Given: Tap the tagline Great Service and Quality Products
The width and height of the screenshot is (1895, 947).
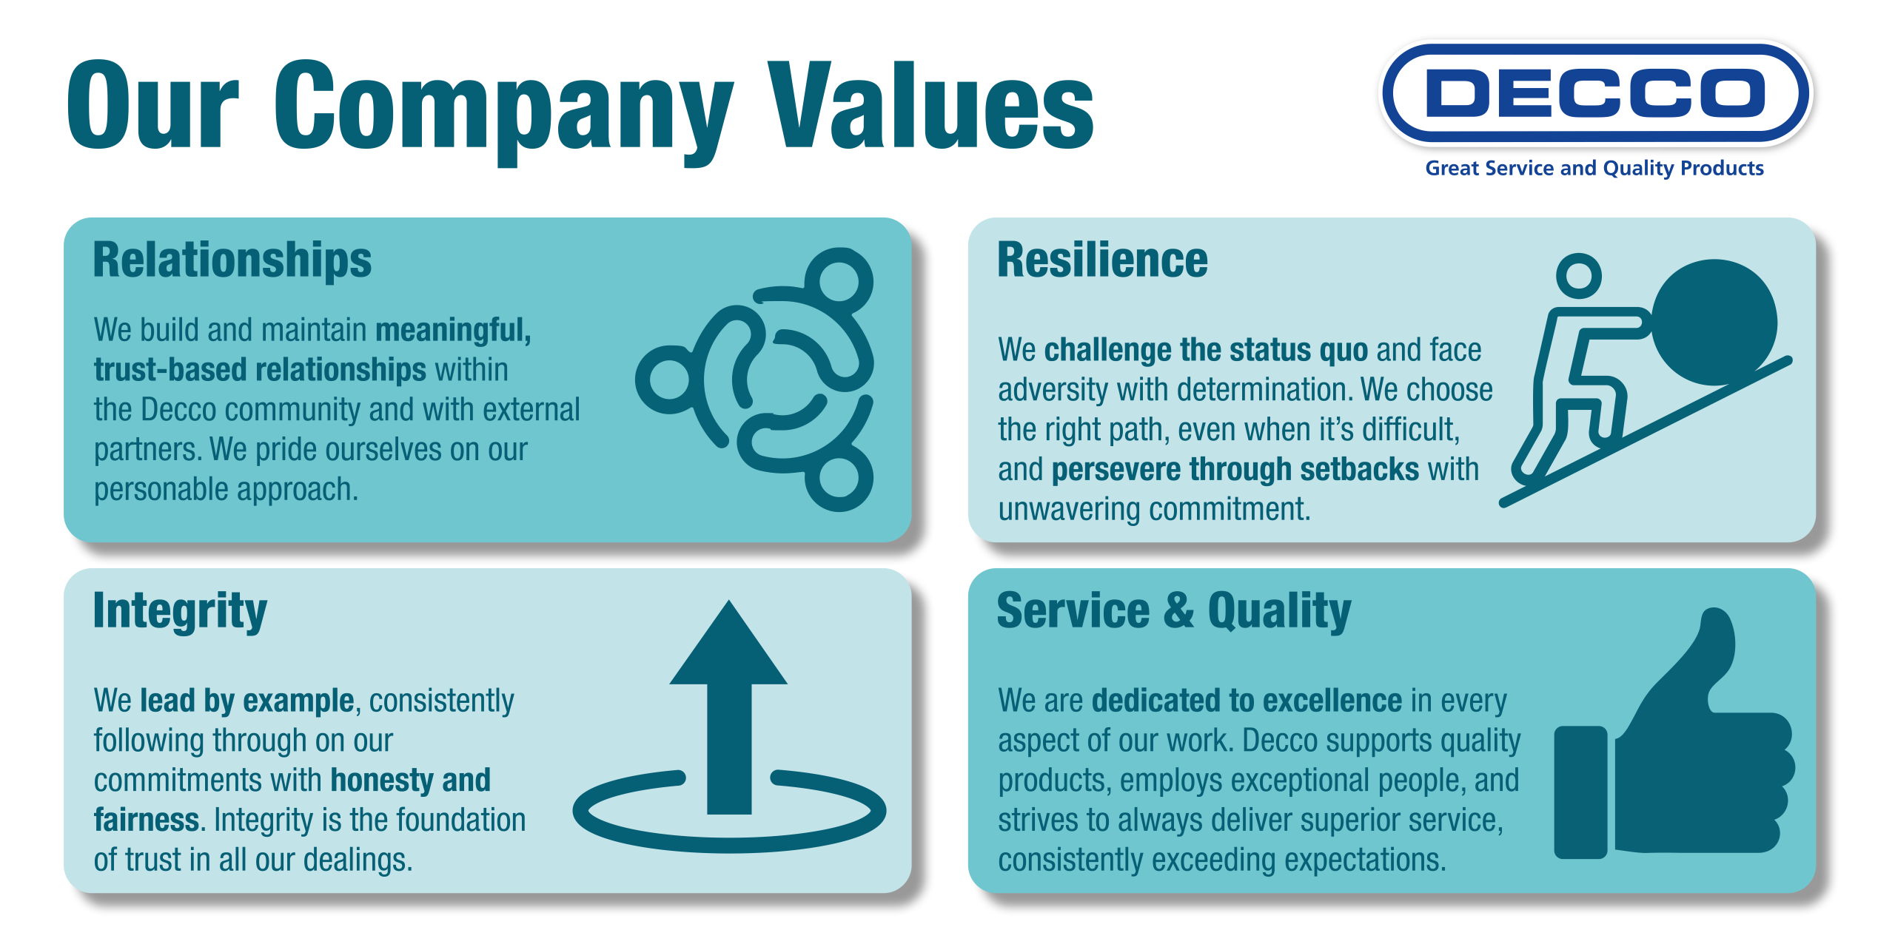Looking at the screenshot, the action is [x=1594, y=169].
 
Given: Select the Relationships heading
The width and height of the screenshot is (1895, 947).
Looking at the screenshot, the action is [x=232, y=260].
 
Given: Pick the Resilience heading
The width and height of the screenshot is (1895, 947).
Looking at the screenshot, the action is [x=1102, y=260].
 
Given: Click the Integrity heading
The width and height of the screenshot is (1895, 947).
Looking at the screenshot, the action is [x=180, y=612].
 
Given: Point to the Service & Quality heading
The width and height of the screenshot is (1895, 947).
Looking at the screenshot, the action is [x=1174, y=611].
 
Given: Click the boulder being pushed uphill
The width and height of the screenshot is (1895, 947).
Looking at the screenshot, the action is [x=1714, y=323].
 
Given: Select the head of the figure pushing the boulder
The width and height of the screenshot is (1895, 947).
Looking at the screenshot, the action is [x=1579, y=276].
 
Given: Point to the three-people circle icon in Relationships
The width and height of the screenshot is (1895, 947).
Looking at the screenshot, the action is [x=755, y=380].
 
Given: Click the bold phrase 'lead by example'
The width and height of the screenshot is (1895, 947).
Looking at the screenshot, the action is [x=247, y=701].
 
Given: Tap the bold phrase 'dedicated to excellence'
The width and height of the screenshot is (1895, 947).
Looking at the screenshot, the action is [x=1247, y=700].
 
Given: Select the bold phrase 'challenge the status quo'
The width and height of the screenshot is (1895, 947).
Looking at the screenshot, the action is [x=1206, y=350].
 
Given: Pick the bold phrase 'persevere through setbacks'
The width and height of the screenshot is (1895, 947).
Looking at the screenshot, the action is [x=1235, y=470].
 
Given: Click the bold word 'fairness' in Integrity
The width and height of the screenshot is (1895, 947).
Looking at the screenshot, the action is [x=146, y=820].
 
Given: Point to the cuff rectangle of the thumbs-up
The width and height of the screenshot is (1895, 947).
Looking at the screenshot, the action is [x=1580, y=792].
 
